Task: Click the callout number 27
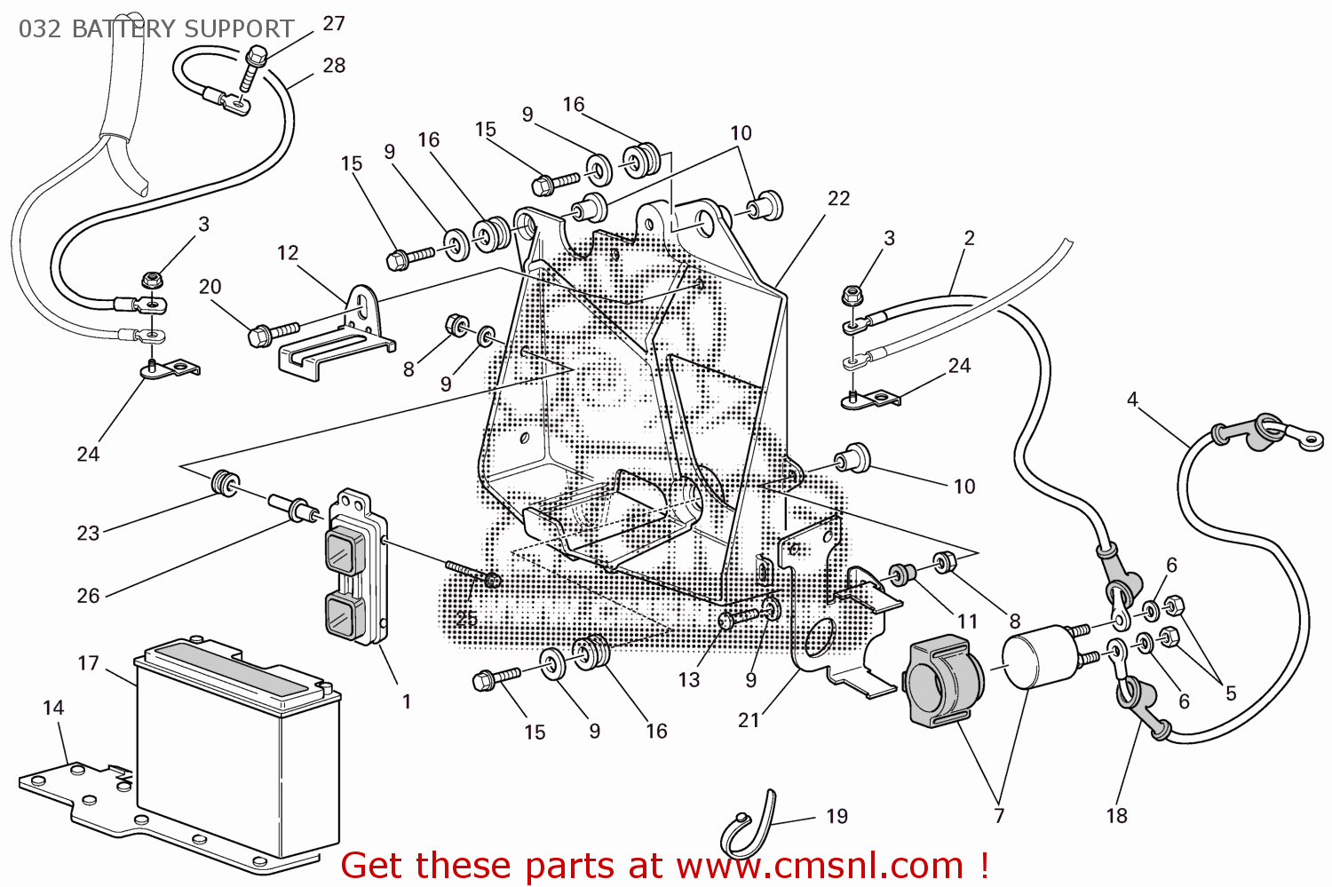[334, 24]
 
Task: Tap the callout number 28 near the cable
[334, 66]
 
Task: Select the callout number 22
[838, 199]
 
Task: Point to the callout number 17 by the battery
[88, 663]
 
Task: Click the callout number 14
[53, 708]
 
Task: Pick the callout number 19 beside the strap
[836, 816]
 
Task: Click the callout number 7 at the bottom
[999, 815]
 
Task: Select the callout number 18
[1116, 815]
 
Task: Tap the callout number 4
[1132, 400]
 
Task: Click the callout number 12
[288, 253]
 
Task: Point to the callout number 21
[749, 720]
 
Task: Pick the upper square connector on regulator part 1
[342, 550]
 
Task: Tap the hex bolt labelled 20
[271, 334]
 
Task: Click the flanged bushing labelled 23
[225, 484]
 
